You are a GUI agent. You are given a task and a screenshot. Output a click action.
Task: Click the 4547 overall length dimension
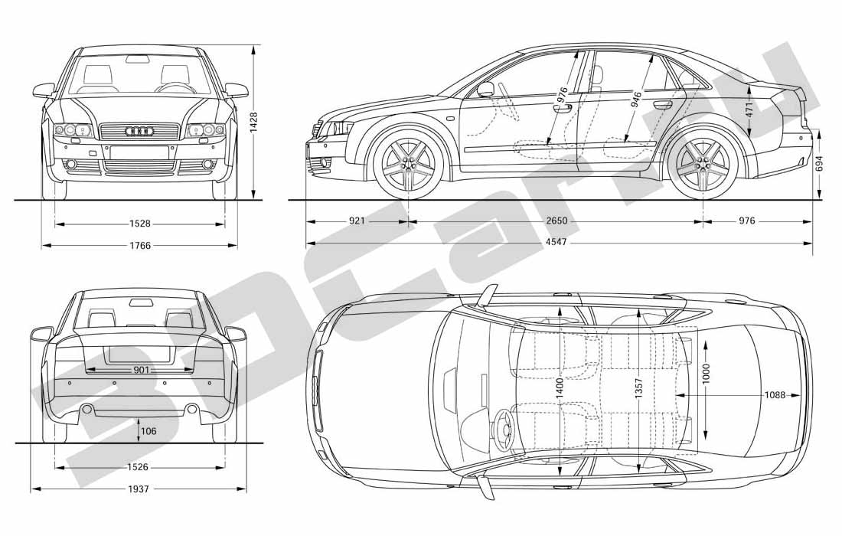(x=556, y=242)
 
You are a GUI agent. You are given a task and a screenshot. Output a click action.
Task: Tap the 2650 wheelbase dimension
(x=556, y=221)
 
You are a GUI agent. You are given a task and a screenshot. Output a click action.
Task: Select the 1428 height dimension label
(x=254, y=123)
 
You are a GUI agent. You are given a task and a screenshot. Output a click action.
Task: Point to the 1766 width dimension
(x=140, y=246)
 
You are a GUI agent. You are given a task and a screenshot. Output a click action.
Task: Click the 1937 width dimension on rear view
(x=139, y=489)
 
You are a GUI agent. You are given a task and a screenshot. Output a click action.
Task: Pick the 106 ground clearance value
(x=148, y=431)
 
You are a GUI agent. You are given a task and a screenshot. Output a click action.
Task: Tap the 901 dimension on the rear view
(x=142, y=370)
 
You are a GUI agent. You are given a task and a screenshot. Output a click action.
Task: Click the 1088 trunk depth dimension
(x=775, y=395)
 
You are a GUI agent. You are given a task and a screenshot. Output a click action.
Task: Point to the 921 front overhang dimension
(x=357, y=221)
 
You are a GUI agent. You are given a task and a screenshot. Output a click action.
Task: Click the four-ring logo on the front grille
(x=139, y=131)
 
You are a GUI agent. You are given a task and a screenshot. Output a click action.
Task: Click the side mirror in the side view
(x=485, y=89)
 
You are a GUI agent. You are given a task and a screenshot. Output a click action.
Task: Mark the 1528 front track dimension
(x=140, y=223)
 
